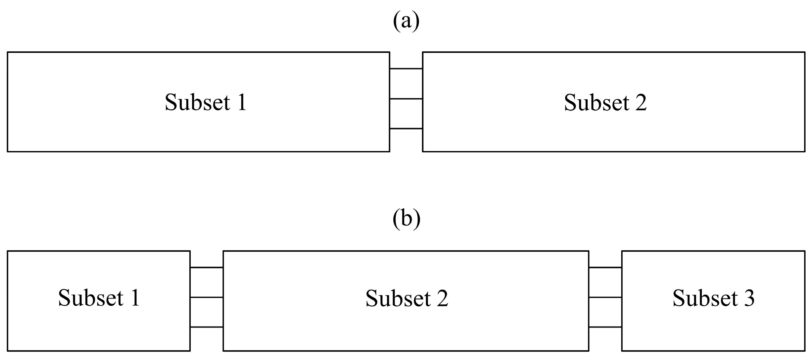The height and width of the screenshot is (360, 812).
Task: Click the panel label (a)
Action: coord(406,21)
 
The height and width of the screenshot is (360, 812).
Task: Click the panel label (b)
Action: coord(406,219)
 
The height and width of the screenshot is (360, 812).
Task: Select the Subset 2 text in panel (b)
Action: coord(406,298)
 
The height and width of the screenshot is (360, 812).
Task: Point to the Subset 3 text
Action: coord(713,298)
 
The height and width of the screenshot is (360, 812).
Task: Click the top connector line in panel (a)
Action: coord(406,69)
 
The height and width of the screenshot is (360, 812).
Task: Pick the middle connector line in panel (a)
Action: coord(406,99)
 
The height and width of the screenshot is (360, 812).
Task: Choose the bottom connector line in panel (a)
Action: coord(406,129)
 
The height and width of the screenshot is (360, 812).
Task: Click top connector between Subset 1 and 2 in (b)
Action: coord(207,267)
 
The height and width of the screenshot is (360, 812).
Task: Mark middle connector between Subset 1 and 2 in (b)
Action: coord(207,297)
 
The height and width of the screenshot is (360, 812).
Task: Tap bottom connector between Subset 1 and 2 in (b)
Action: coord(207,327)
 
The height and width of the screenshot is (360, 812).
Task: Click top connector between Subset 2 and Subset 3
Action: coord(605,267)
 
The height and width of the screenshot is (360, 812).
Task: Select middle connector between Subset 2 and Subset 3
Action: coord(605,297)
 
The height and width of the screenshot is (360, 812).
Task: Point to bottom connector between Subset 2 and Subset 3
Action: coord(605,327)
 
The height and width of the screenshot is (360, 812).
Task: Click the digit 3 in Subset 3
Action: coord(748,298)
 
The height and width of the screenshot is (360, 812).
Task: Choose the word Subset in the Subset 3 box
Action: coord(704,298)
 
